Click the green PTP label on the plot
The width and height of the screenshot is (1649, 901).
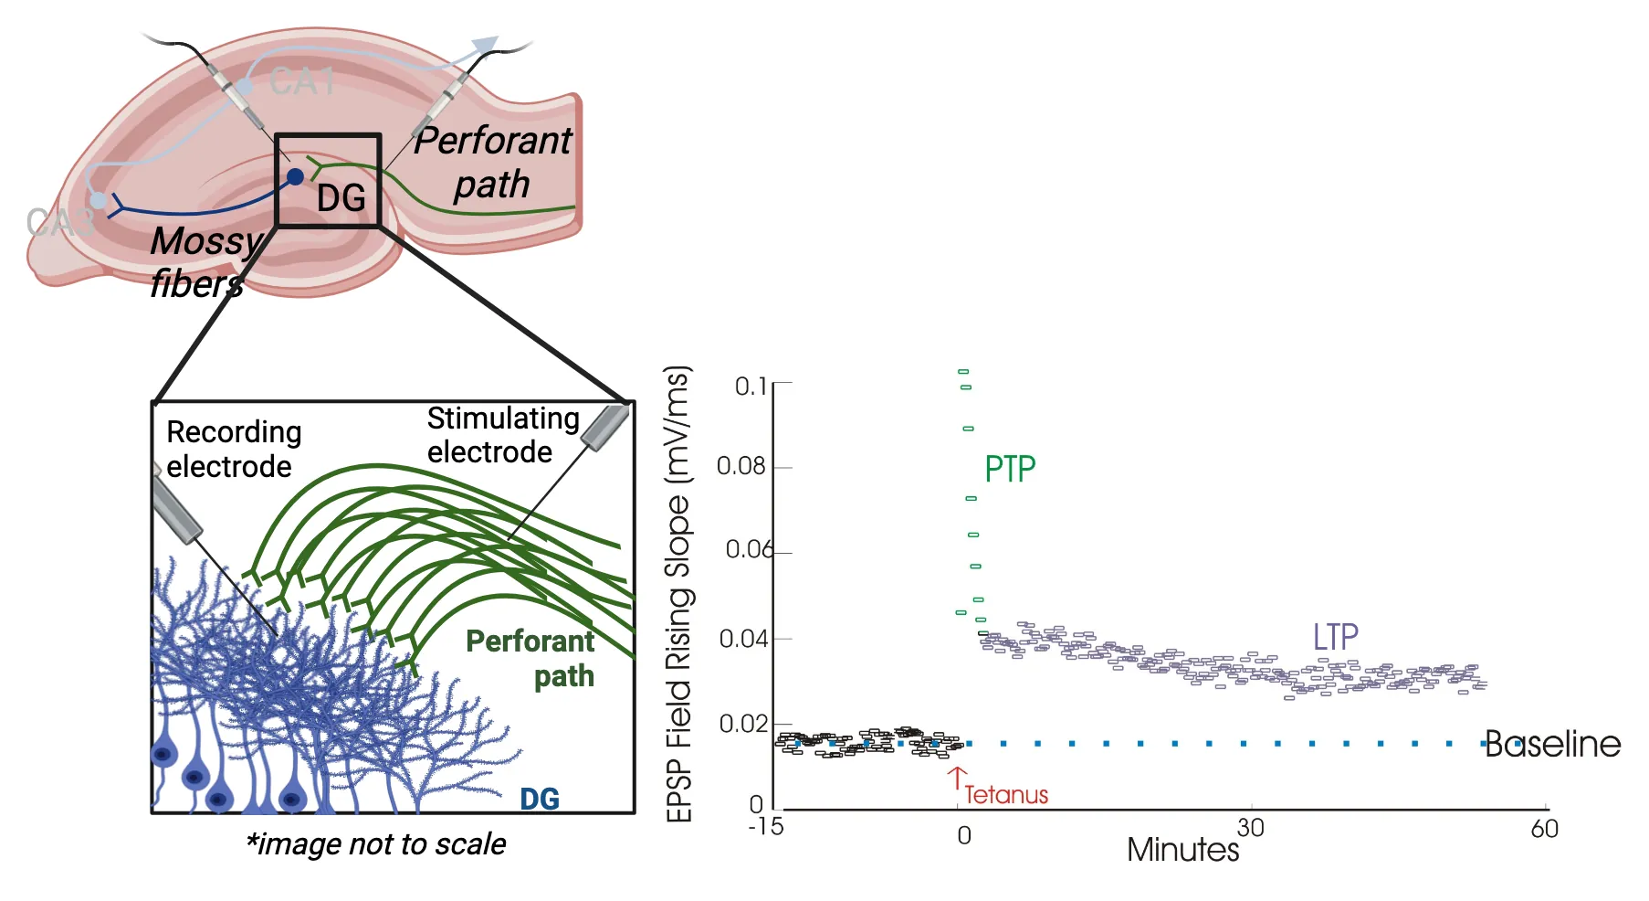pos(1009,469)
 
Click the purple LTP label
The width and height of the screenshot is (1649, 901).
pos(1335,637)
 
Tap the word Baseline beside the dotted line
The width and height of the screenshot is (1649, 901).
pos(1552,744)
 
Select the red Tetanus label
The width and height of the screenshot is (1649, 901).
pos(1006,795)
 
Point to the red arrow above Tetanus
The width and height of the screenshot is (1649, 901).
pos(956,777)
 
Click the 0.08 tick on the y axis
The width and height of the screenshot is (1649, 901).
pos(740,466)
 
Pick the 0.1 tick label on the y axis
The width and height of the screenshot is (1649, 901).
pos(751,387)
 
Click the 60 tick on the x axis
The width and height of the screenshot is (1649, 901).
pos(1544,829)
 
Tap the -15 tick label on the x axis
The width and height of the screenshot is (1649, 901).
pos(765,827)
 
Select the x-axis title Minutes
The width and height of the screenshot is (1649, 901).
pos(1182,850)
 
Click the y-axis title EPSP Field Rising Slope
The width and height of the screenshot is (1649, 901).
pos(677,594)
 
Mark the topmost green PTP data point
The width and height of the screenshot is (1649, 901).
pos(963,372)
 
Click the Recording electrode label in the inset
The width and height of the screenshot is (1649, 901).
pos(233,449)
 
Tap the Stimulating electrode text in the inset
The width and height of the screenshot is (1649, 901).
pos(502,435)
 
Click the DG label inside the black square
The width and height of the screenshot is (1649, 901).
pos(341,198)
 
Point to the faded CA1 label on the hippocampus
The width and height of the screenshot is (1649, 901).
pos(302,82)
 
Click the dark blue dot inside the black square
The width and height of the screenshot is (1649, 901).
pos(295,176)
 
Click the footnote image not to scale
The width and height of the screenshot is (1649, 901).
pos(375,843)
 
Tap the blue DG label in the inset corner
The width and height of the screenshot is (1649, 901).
pos(539,799)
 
